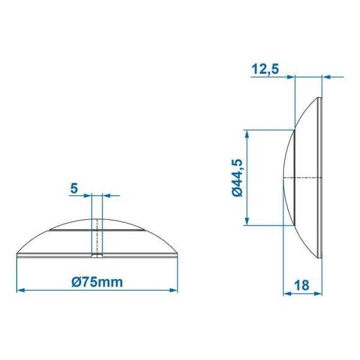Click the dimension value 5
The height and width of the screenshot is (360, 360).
click(x=74, y=188)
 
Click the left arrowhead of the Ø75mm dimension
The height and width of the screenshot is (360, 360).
click(x=19, y=290)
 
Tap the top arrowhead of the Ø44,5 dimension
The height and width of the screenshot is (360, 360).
click(x=246, y=133)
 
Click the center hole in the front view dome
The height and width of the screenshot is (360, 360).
click(x=97, y=237)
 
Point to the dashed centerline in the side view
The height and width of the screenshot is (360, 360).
click(x=303, y=178)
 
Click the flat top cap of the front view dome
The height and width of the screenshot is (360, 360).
click(x=97, y=223)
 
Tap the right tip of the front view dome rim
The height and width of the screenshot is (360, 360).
click(x=179, y=256)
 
